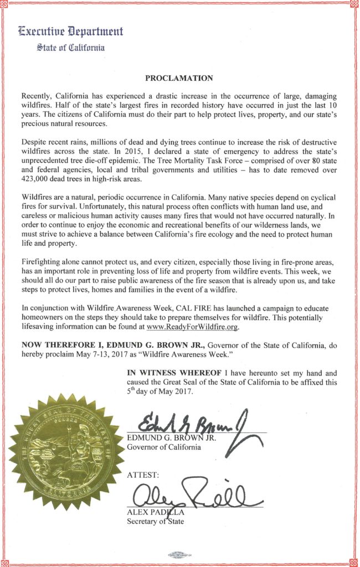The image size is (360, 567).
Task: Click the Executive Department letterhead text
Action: [71, 32]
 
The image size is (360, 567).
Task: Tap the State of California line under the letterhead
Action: [70, 48]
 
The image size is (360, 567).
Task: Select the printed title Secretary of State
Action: [155, 522]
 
